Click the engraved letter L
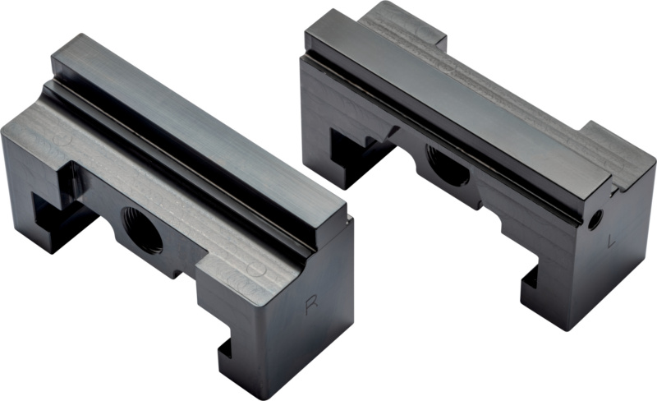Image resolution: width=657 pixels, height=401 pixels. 612,242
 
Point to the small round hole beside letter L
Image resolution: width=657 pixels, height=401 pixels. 595,219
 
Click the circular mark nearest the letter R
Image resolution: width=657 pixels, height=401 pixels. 255,270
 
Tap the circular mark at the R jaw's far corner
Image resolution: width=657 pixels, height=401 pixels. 61,138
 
